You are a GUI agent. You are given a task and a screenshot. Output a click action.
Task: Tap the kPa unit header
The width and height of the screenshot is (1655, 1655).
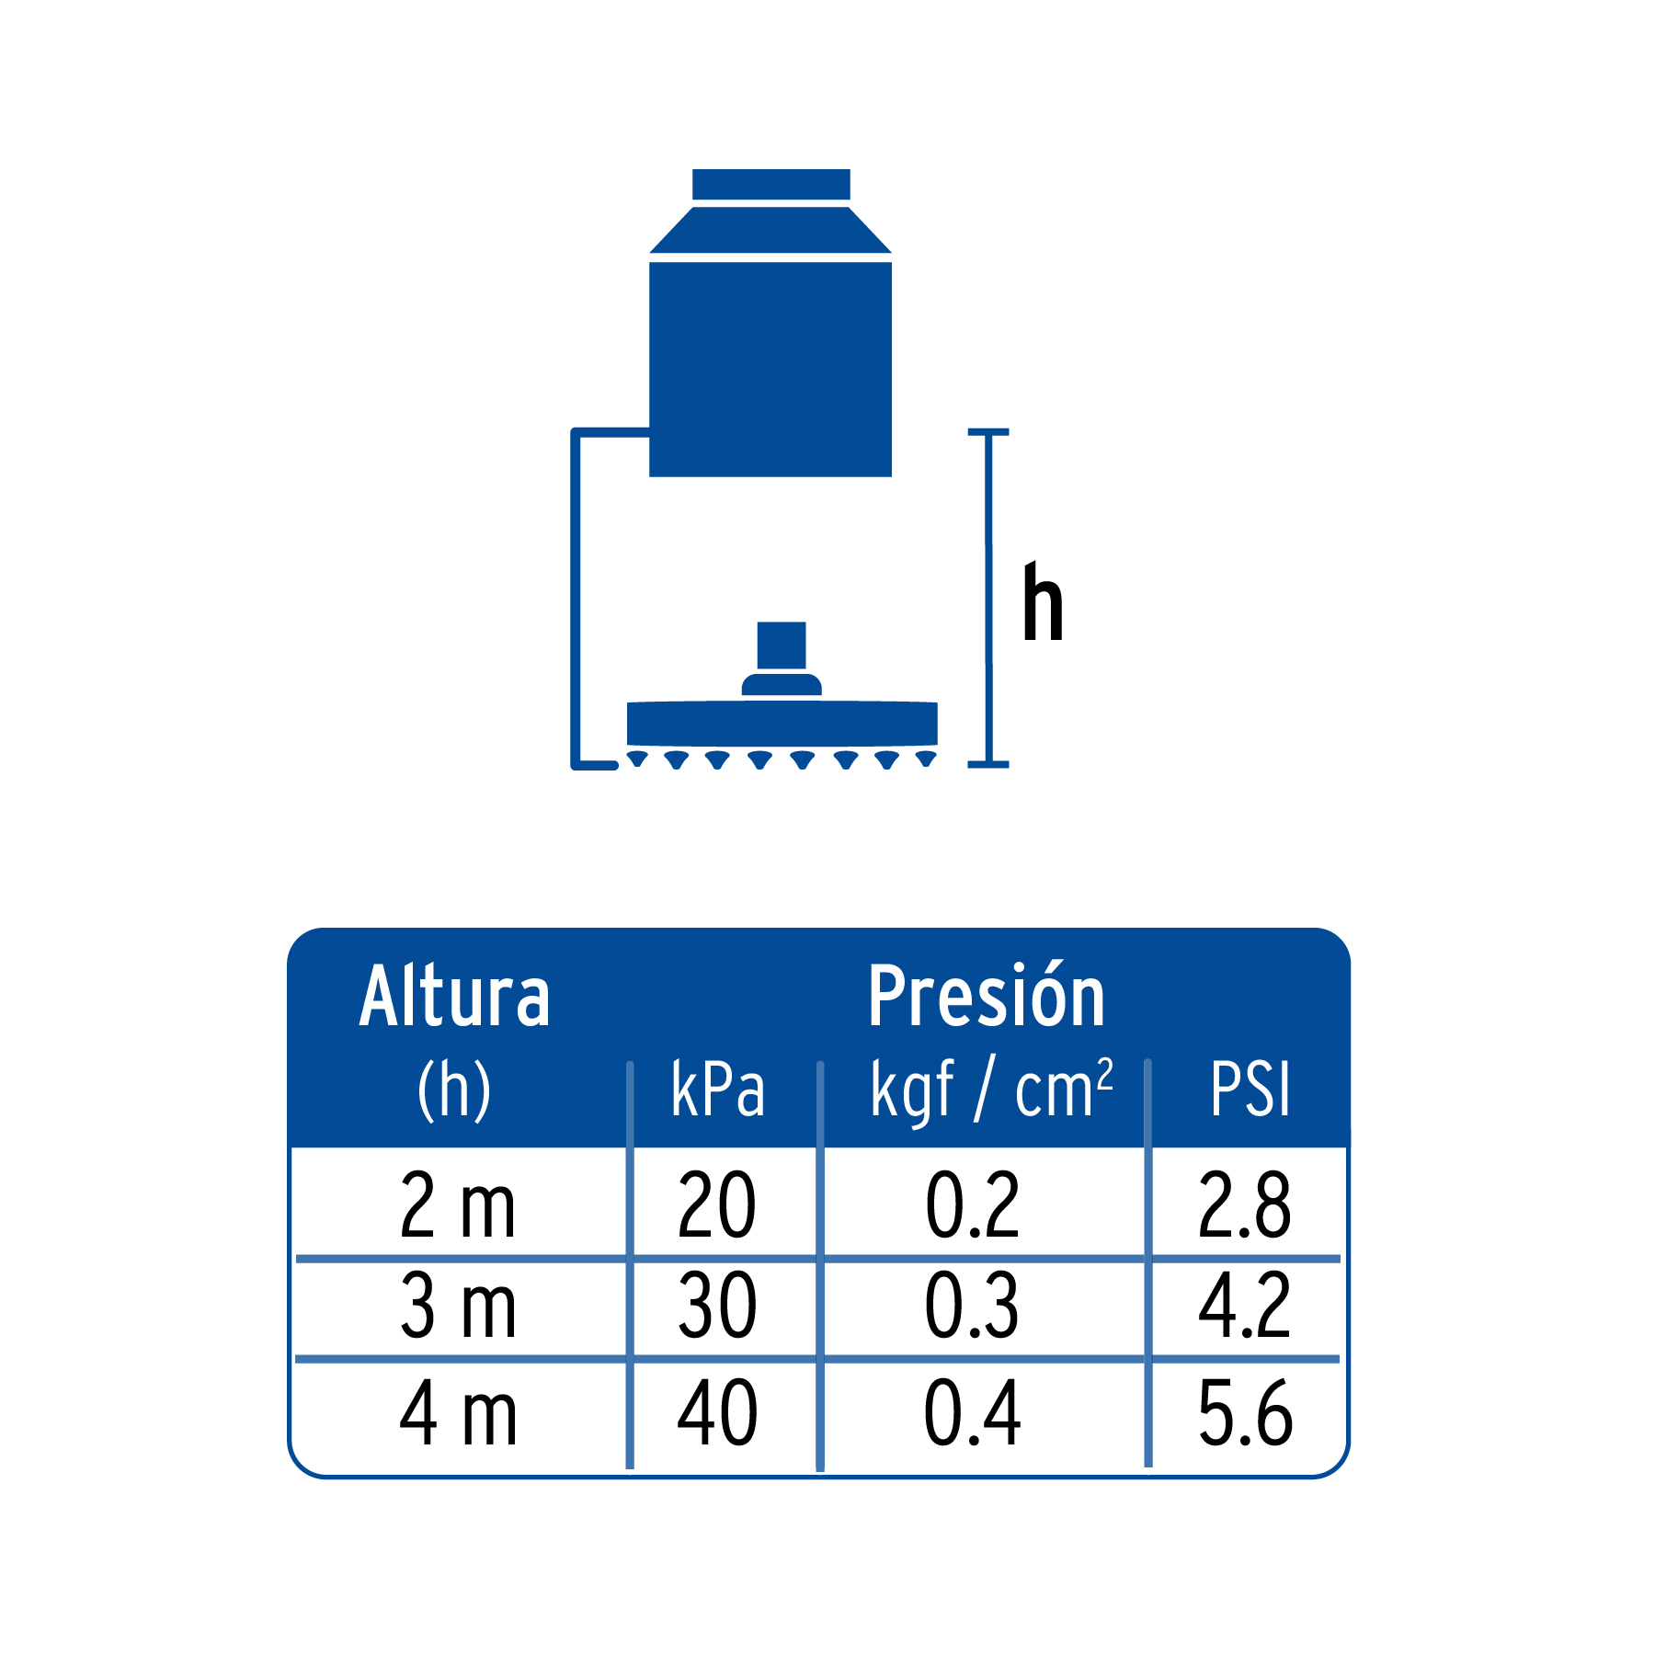(x=718, y=1090)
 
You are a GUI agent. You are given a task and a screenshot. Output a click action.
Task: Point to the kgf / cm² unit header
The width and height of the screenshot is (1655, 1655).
(x=991, y=1090)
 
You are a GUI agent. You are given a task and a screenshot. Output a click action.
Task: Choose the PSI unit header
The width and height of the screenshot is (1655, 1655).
(x=1250, y=1090)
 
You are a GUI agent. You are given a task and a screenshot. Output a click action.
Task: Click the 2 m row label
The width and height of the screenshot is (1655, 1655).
(x=457, y=1205)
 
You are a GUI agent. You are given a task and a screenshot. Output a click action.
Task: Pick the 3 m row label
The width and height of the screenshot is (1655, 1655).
(x=457, y=1306)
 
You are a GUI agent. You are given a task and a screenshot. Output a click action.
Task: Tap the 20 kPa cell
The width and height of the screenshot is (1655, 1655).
(x=717, y=1205)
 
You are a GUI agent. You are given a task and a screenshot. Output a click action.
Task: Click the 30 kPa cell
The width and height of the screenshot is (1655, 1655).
(x=717, y=1306)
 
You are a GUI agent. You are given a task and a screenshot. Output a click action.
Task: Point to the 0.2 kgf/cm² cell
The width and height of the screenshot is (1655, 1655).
(x=972, y=1205)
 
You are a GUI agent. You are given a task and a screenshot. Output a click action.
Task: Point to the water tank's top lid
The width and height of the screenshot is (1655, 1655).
(x=770, y=184)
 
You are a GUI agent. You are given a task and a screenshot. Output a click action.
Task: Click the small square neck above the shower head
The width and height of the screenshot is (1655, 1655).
(x=782, y=645)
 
